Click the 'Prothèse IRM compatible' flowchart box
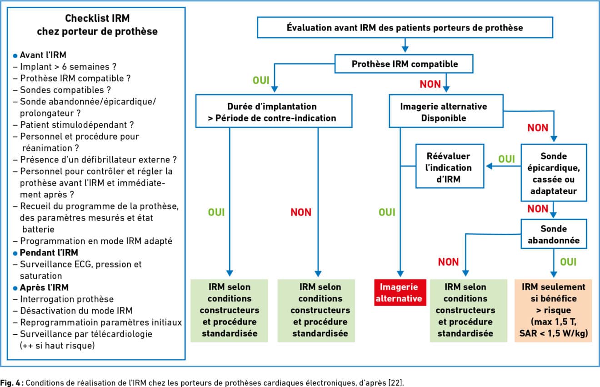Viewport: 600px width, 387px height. [404, 64]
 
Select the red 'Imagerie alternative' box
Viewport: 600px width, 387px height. [400, 293]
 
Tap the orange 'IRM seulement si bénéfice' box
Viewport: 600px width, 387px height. [553, 310]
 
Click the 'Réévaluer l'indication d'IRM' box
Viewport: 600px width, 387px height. [450, 166]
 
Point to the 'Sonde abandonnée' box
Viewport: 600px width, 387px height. [554, 234]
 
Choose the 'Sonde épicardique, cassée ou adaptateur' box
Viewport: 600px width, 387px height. [554, 173]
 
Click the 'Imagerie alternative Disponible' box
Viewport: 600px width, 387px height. [446, 111]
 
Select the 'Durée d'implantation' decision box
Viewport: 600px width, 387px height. [274, 111]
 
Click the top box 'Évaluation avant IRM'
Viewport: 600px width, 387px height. [405, 28]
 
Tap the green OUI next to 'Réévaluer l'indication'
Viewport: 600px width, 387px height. [506, 159]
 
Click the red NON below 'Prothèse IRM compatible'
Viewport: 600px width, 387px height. [430, 84]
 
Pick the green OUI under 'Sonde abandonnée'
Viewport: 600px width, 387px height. [568, 262]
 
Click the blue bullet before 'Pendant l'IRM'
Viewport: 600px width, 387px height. [15, 253]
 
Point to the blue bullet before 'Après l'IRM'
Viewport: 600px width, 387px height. [15, 288]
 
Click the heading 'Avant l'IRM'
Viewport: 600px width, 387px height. [43, 55]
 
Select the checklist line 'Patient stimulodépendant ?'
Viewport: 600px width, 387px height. [77, 125]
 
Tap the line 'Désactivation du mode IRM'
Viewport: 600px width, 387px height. [76, 311]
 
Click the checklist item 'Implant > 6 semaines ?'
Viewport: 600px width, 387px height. [68, 66]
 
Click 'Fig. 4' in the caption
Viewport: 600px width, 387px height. [10, 382]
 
